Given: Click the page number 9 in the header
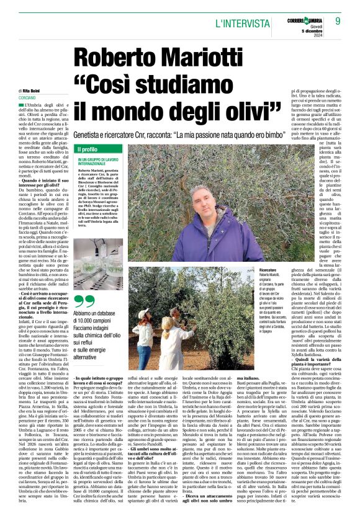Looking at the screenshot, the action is [x=338, y=20].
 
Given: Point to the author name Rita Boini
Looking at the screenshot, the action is [x=35, y=91].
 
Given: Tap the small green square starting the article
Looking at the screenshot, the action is [x=20, y=107].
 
